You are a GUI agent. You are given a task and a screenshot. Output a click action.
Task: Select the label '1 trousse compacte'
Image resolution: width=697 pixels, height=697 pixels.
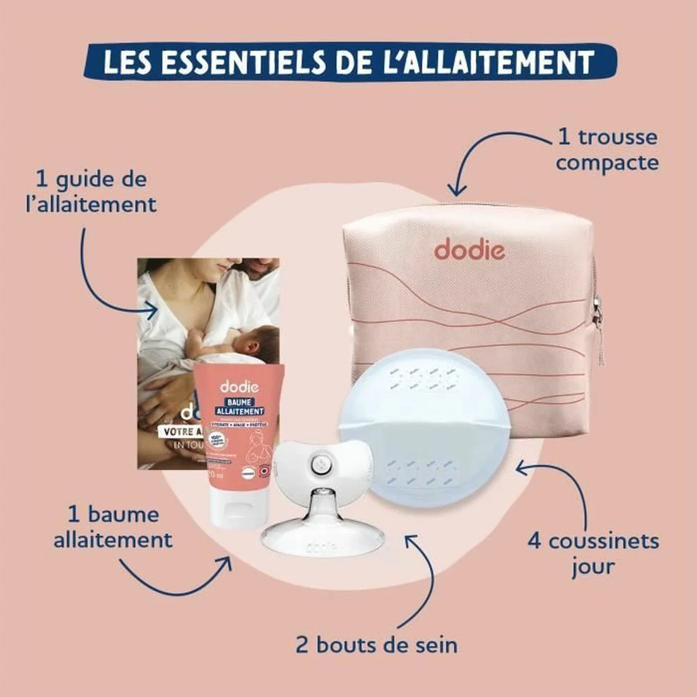(x=607, y=150)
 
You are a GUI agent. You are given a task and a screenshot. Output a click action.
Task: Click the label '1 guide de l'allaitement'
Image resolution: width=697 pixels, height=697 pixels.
(x=91, y=192)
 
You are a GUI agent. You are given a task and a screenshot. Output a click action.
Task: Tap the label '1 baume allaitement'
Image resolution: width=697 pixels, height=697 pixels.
(x=113, y=527)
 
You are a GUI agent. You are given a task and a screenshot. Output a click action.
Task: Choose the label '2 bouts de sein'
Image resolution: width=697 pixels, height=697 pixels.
(x=376, y=645)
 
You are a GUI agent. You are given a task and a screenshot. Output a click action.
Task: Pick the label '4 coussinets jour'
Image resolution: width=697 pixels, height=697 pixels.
(x=593, y=553)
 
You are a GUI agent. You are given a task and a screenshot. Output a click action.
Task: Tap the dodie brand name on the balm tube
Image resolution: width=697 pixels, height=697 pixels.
(x=235, y=386)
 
